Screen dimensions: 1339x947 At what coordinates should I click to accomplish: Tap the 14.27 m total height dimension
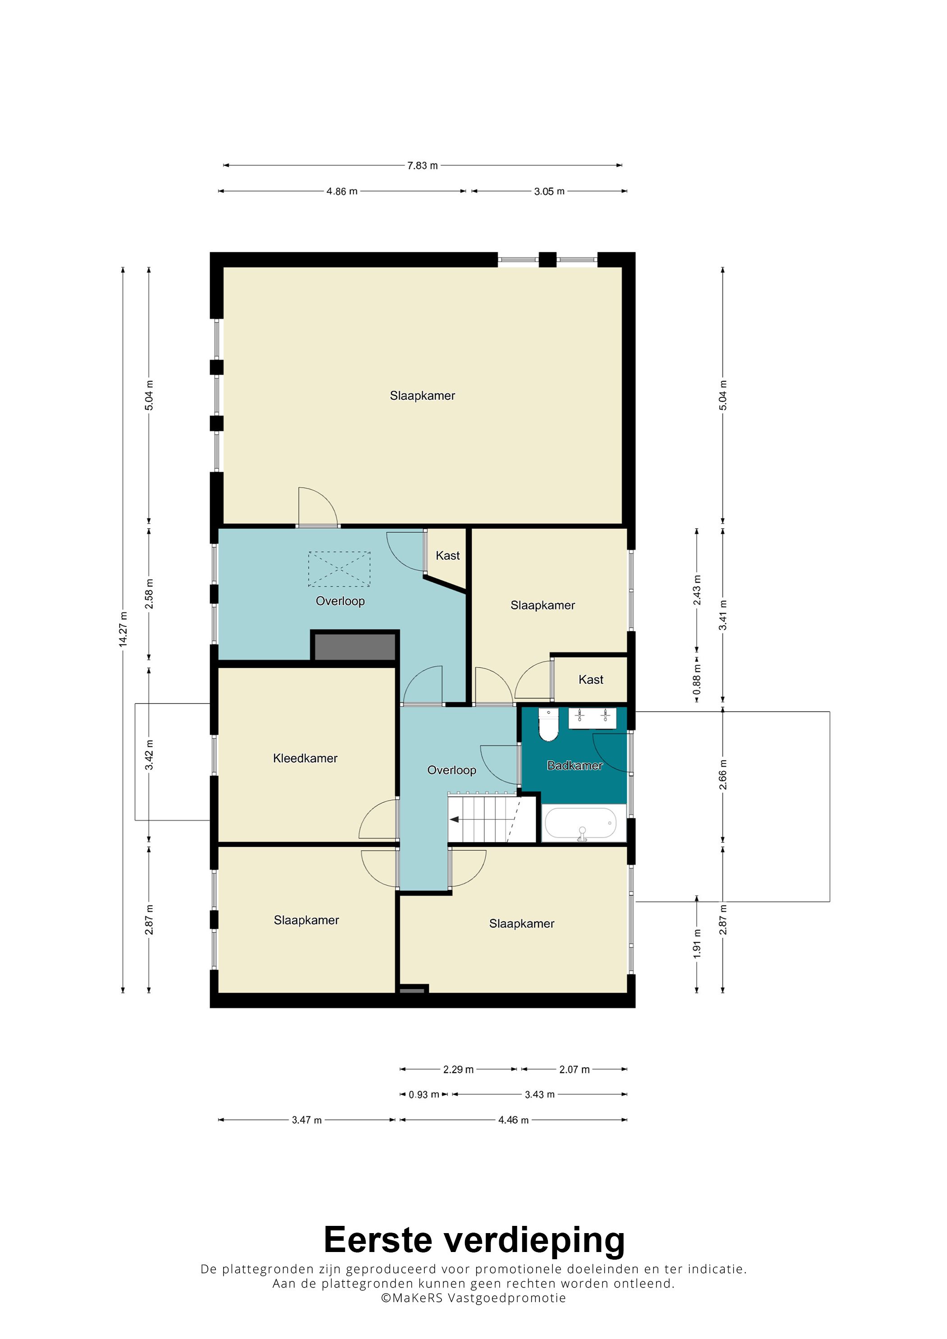coord(123,629)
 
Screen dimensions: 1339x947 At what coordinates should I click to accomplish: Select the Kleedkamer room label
coord(305,758)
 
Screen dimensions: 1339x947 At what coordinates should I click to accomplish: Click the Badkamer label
coord(574,766)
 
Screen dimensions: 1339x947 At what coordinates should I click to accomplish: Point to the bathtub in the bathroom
coord(580,823)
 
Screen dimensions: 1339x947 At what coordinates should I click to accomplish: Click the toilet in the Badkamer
coord(548,725)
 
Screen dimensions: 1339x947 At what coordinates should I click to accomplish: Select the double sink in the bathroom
coord(592,718)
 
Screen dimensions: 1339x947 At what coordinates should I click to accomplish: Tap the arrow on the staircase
coord(455,819)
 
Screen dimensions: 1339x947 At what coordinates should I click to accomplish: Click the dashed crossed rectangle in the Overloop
coord(339,569)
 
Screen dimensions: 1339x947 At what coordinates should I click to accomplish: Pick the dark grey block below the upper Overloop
coord(355,647)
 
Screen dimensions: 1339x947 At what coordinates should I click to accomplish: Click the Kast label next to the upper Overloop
coord(447,556)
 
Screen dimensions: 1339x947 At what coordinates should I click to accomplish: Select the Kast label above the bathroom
coord(590,679)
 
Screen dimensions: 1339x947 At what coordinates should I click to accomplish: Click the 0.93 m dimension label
coord(423,1095)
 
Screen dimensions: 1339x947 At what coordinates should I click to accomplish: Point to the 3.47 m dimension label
coord(306,1120)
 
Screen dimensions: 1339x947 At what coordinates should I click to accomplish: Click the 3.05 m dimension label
coord(549,191)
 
